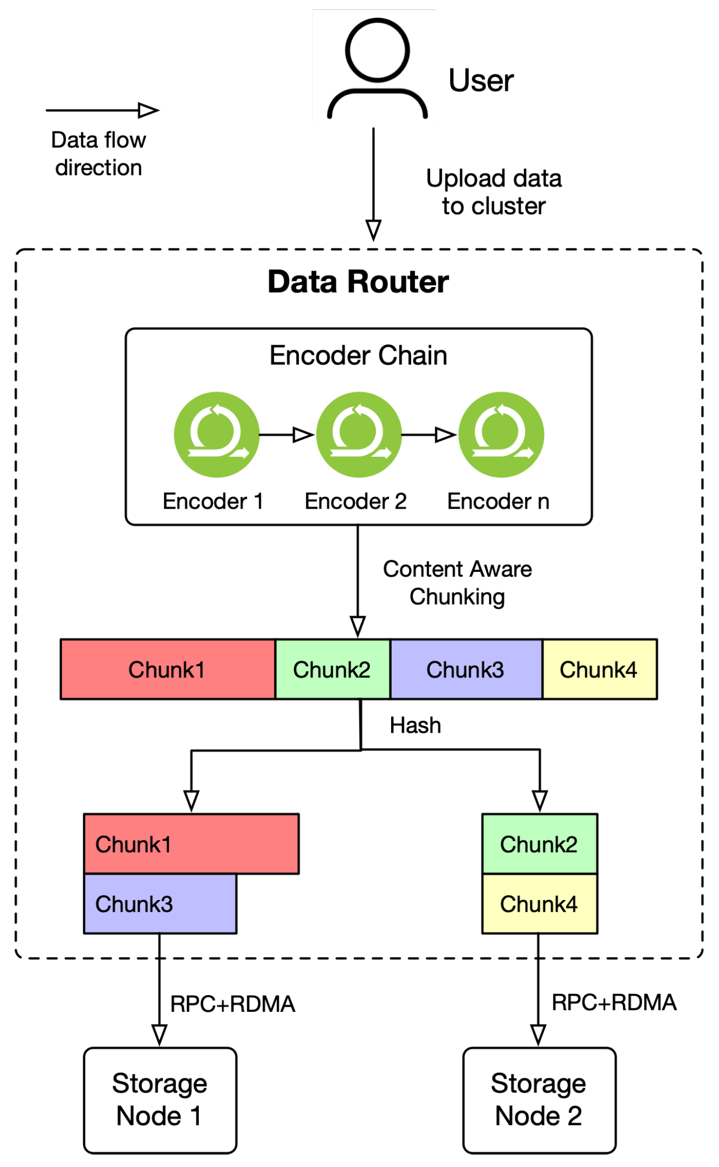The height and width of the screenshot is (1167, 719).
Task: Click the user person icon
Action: (377, 68)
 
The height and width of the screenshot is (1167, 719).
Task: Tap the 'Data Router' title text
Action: (358, 282)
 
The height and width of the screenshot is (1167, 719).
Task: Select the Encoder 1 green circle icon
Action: (217, 435)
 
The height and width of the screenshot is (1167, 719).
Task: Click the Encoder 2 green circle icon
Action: (359, 435)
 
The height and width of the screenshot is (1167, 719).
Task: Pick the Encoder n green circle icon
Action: (501, 435)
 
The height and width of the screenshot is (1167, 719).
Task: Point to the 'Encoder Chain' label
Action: (358, 355)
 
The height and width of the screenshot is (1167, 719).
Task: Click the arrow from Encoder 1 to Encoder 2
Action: (287, 435)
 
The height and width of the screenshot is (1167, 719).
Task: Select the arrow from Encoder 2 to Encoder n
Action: (430, 435)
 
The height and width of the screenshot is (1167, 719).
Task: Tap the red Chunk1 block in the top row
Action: (168, 669)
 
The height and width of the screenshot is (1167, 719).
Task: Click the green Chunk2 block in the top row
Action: (333, 669)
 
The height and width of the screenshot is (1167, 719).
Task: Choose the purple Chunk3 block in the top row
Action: (466, 669)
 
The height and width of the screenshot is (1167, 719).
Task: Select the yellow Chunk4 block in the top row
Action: (599, 669)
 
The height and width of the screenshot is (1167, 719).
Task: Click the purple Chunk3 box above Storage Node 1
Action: (160, 904)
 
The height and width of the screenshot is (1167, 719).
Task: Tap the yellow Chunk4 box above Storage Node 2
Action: (539, 904)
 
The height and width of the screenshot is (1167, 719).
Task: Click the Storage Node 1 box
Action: (160, 1100)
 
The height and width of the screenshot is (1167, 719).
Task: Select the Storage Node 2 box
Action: (539, 1100)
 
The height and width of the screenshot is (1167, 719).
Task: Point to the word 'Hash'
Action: (415, 725)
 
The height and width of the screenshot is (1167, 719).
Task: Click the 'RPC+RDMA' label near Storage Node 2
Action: (614, 1002)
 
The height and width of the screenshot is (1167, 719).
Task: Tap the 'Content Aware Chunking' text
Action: (457, 583)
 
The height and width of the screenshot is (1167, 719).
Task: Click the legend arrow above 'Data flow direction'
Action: (103, 110)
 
